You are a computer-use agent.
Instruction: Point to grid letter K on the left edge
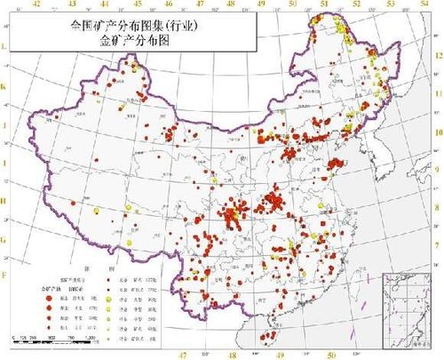(4, 87)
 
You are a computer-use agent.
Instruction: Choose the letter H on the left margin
(4, 202)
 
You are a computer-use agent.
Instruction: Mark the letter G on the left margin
(4, 240)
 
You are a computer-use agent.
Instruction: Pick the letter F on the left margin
(4, 276)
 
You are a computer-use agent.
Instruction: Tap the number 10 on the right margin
(438, 131)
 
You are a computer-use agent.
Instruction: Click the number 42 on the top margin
(36, 4)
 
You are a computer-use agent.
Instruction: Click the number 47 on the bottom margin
(183, 354)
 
